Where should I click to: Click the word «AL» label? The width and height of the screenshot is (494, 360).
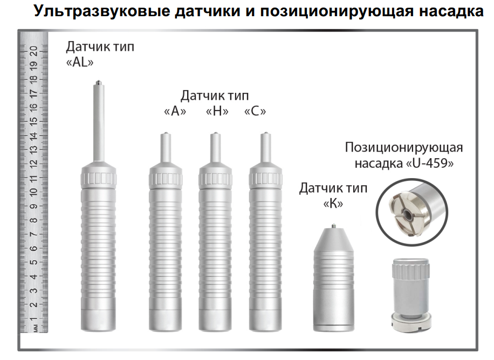(79, 62)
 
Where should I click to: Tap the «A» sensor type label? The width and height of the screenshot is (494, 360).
(175, 112)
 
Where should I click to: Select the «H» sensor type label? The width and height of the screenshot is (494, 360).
(217, 112)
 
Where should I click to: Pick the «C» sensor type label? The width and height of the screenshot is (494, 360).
(255, 112)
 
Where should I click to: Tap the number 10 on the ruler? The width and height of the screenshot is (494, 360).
(33, 192)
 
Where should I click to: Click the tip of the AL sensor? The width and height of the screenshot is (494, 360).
(98, 83)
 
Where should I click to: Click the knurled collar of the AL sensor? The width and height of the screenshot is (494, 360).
(98, 176)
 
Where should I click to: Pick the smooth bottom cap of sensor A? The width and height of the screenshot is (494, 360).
(164, 320)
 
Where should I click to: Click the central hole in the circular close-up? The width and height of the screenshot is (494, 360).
(409, 214)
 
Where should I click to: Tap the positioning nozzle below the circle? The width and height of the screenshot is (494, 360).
(410, 291)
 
